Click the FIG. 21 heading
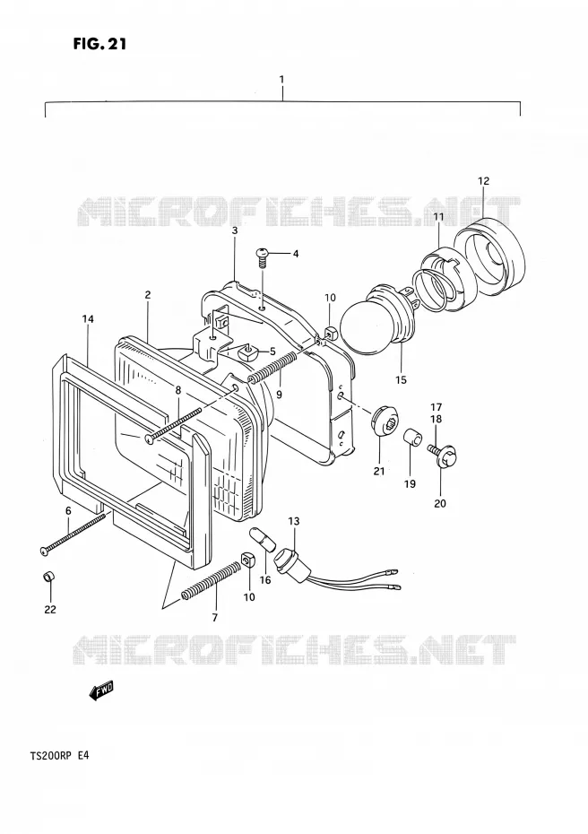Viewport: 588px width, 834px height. pyautogui.click(x=100, y=44)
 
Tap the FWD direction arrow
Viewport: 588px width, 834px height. pyautogui.click(x=101, y=690)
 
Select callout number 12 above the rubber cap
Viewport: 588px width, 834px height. pyautogui.click(x=483, y=181)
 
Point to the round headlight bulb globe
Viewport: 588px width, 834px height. pyautogui.click(x=367, y=324)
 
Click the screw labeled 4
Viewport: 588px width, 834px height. pyautogui.click(x=263, y=256)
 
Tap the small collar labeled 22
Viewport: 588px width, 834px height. pyautogui.click(x=49, y=577)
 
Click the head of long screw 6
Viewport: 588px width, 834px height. pyautogui.click(x=45, y=551)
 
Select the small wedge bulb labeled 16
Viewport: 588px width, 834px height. pyautogui.click(x=264, y=538)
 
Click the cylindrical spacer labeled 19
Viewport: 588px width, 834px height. pyautogui.click(x=413, y=439)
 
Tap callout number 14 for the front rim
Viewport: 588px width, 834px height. pyautogui.click(x=88, y=319)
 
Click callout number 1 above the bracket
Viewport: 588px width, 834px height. pyautogui.click(x=281, y=79)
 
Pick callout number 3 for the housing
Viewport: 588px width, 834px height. pyautogui.click(x=235, y=230)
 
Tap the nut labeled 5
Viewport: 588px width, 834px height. pyautogui.click(x=249, y=351)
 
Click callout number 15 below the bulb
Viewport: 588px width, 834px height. pyautogui.click(x=401, y=379)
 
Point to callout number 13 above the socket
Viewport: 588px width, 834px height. pyautogui.click(x=294, y=521)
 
